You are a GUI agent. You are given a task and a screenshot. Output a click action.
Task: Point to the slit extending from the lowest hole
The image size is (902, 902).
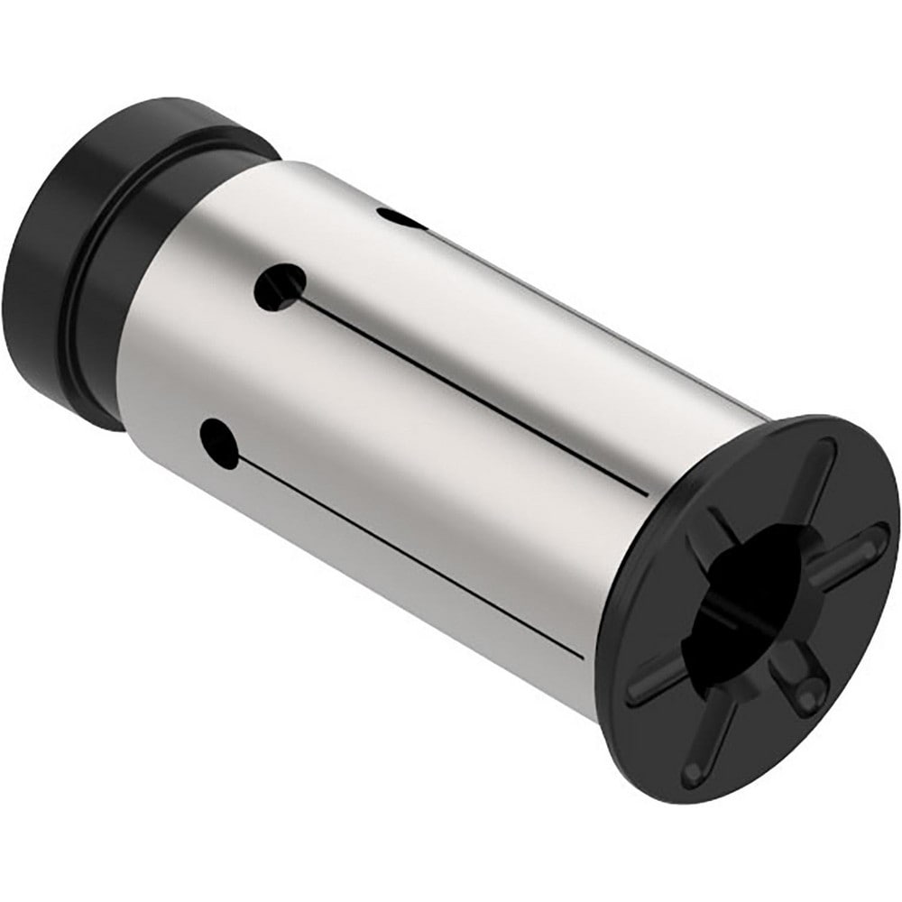pos(406,550)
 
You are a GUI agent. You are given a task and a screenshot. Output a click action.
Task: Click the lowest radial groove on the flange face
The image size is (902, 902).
pos(713,740)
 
